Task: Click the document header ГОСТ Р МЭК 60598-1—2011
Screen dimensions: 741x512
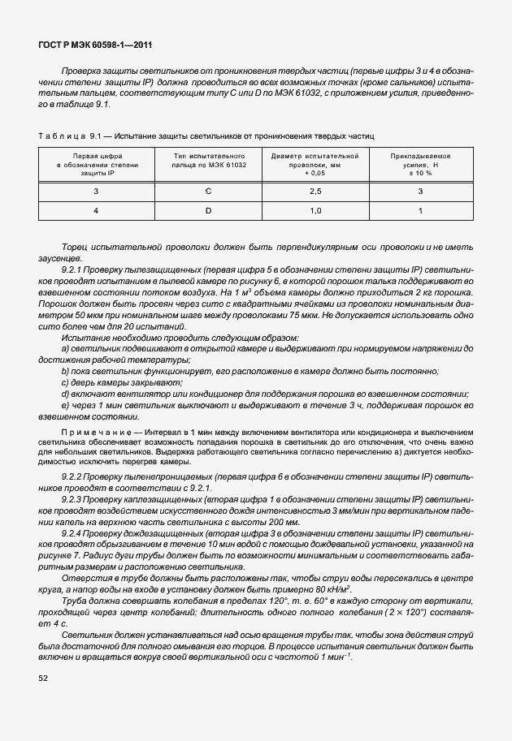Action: [x=95, y=46]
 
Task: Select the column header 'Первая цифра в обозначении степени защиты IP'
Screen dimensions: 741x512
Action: [x=95, y=164]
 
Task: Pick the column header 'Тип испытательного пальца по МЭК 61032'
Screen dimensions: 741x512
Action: [x=207, y=164]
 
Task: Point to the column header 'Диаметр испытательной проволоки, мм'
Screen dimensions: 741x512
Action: [x=315, y=164]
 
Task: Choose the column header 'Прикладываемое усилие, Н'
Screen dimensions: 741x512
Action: [x=420, y=164]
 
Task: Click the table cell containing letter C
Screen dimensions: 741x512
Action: [x=207, y=192]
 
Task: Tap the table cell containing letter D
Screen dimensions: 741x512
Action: [x=207, y=211]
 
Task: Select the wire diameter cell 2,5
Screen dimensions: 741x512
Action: [x=315, y=192]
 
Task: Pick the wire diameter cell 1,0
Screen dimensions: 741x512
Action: [x=315, y=211]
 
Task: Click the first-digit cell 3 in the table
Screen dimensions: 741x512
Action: [x=95, y=192]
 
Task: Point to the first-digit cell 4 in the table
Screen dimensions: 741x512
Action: [x=95, y=211]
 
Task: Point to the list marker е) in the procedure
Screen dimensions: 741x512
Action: [x=64, y=405]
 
